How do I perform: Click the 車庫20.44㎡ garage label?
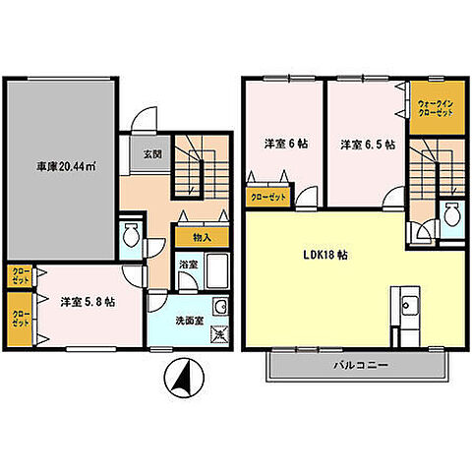coord(66,167)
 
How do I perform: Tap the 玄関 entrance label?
coord(152,153)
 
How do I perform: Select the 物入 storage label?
coord(202,237)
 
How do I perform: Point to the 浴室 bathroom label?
coord(189,265)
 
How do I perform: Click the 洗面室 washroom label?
coord(190,321)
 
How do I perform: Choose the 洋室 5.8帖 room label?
coord(88,302)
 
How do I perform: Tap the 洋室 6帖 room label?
coord(286,144)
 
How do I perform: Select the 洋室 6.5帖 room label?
coord(368,145)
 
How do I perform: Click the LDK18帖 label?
coord(325,255)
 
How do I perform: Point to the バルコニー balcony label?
coord(361,365)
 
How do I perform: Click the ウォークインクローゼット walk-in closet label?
coord(436,108)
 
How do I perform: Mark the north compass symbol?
coord(184,377)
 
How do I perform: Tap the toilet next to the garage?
coord(131,235)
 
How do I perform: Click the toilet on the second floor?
coord(452,215)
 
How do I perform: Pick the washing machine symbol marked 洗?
coord(220,334)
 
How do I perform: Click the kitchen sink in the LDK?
coord(409,305)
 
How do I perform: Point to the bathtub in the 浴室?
coord(217,271)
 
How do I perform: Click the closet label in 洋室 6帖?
coord(268,198)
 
